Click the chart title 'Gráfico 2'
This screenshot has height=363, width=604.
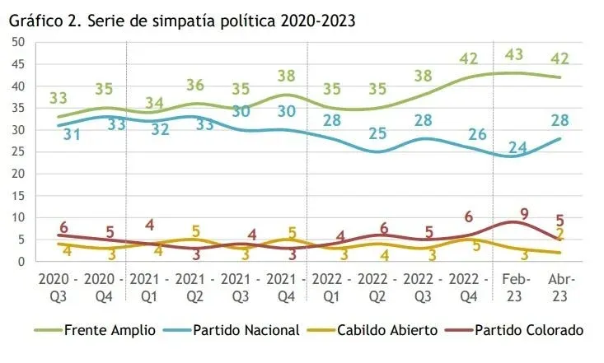click(182, 20)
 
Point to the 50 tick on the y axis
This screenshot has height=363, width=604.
click(17, 42)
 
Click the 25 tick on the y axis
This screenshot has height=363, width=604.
click(17, 151)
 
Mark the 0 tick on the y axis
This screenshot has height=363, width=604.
click(21, 262)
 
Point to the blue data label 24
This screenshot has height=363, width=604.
click(517, 148)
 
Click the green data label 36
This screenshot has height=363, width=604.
click(196, 86)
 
